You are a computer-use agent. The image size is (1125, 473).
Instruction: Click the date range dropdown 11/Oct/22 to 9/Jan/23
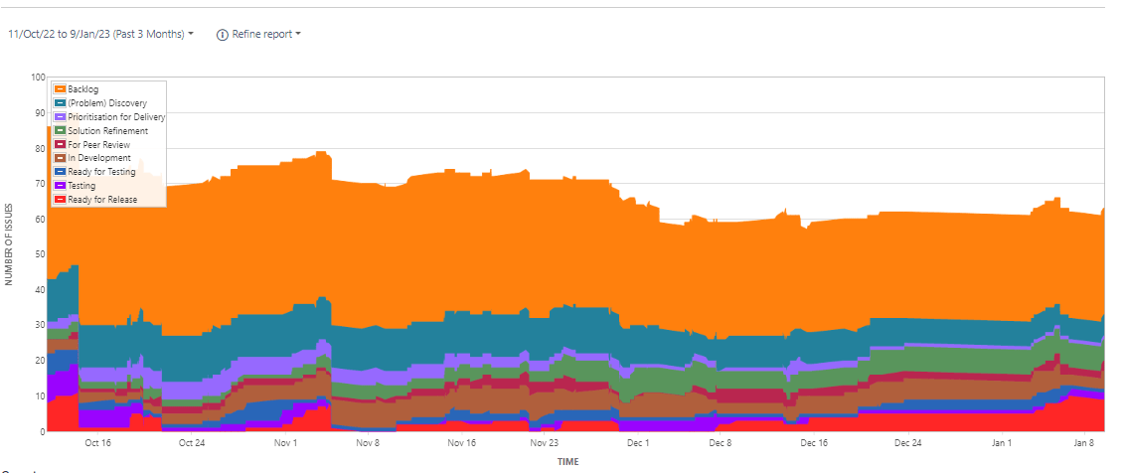coord(100,34)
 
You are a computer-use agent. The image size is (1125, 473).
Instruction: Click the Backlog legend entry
coord(83,89)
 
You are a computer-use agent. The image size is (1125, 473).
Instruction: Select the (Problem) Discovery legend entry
coord(107,103)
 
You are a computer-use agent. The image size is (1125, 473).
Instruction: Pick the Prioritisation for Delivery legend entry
coord(116,117)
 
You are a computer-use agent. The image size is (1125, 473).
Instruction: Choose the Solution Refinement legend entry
coord(108,131)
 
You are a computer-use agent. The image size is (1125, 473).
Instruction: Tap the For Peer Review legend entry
coord(99,145)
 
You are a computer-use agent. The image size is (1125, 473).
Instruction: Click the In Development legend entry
coord(99,158)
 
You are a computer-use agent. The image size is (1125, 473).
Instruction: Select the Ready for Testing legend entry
coord(101,172)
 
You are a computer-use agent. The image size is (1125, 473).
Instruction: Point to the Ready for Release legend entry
coord(102,200)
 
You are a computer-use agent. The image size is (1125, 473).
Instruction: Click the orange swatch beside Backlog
coord(60,89)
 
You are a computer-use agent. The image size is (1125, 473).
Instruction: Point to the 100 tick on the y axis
coord(38,77)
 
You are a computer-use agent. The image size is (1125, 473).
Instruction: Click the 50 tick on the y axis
coord(40,254)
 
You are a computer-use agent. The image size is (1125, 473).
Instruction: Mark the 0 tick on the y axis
coord(43,431)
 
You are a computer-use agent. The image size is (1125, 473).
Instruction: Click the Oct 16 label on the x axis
coord(97,443)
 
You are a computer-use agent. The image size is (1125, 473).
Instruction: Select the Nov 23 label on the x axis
coord(544,443)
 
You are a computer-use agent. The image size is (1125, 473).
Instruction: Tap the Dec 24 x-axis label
coord(908,443)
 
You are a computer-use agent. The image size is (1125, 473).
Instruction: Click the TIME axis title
coord(567,461)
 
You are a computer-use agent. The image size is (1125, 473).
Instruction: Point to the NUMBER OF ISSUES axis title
coord(9,254)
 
